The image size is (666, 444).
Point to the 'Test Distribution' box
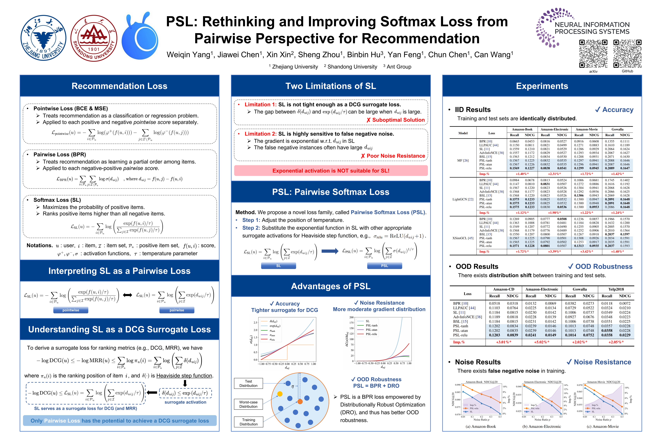[x=248, y=383]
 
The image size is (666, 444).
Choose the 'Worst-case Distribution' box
[x=248, y=404]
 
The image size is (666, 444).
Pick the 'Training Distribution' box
[x=248, y=422]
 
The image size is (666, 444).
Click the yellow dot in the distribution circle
[x=280, y=394]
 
